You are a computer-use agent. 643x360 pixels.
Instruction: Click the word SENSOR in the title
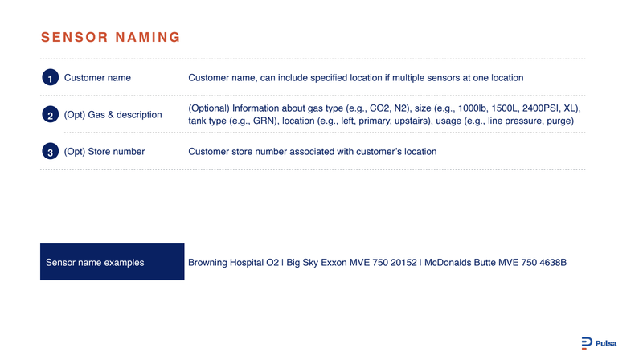pyautogui.click(x=75, y=37)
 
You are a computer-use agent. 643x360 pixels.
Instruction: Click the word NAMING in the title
pyautogui.click(x=148, y=37)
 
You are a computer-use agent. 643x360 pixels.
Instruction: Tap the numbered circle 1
pyautogui.click(x=50, y=77)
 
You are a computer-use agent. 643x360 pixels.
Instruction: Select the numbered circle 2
pyautogui.click(x=50, y=114)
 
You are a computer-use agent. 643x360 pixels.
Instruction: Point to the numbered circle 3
pyautogui.click(x=50, y=151)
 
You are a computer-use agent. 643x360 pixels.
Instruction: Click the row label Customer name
pyautogui.click(x=97, y=78)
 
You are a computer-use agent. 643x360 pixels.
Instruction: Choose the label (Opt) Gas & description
pyautogui.click(x=113, y=115)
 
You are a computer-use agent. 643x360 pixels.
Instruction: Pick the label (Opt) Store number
pyautogui.click(x=104, y=152)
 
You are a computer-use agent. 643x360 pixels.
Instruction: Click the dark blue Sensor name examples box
pyautogui.click(x=113, y=262)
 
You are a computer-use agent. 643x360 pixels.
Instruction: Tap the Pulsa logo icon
pyautogui.click(x=587, y=343)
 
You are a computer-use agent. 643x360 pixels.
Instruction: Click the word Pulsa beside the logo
pyautogui.click(x=606, y=344)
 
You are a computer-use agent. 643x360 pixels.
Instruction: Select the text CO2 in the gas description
pyautogui.click(x=379, y=108)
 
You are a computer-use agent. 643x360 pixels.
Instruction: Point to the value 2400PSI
pyautogui.click(x=540, y=108)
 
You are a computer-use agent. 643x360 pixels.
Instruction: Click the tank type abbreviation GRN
pyautogui.click(x=264, y=121)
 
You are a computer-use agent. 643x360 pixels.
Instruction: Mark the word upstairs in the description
pyautogui.click(x=411, y=121)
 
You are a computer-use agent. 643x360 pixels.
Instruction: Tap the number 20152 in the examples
pyautogui.click(x=403, y=263)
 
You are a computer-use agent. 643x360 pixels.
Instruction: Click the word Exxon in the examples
pyautogui.click(x=334, y=263)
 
